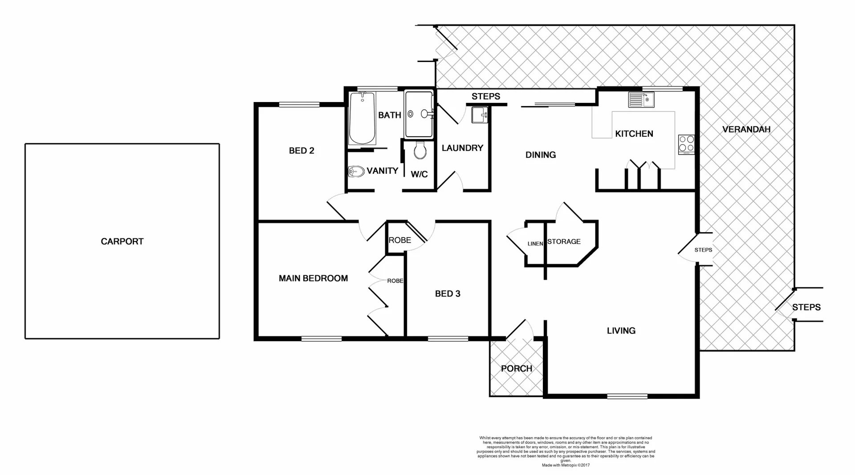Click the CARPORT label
tap(122, 242)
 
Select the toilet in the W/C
tap(419, 151)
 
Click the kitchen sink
tap(641, 99)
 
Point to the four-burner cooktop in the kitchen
tap(686, 144)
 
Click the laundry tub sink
tap(480, 115)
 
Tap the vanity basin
tap(356, 171)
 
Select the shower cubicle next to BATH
tap(419, 114)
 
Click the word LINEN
tap(535, 244)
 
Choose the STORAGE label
tap(564, 242)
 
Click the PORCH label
tap(516, 369)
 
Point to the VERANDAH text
tap(746, 130)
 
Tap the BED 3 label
tap(447, 294)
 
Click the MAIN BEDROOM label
tap(313, 278)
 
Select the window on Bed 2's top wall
tap(299, 105)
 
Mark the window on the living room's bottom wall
tap(627, 396)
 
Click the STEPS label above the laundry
tap(485, 96)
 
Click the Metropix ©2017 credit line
tap(566, 465)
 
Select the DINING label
tap(540, 155)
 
